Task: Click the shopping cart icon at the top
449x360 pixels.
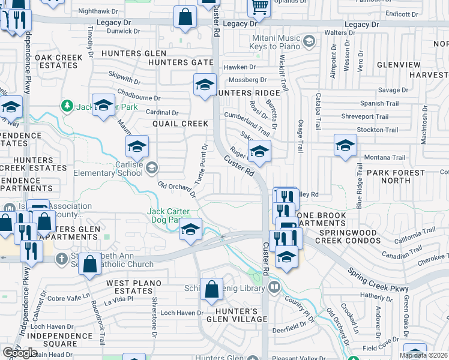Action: click(259, 7)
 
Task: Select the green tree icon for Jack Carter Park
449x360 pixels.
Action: click(67, 106)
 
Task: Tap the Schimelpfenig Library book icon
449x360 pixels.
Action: click(274, 288)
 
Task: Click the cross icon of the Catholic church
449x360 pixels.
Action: click(61, 259)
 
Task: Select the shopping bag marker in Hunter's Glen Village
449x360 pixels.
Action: click(211, 290)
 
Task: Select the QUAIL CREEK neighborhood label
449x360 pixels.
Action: click(180, 124)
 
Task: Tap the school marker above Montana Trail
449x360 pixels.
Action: click(345, 146)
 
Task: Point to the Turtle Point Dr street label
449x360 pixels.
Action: click(200, 164)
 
